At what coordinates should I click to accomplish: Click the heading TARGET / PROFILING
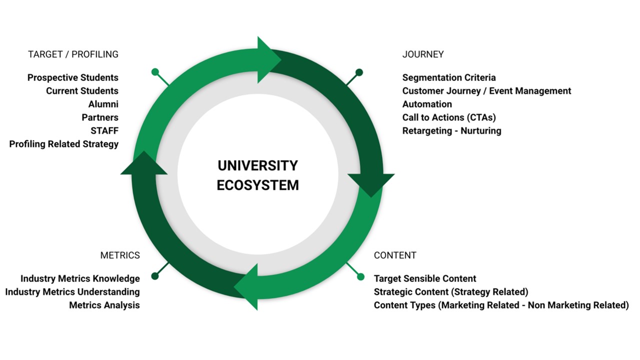pos(73,54)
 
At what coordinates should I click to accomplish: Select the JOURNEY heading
pos(422,54)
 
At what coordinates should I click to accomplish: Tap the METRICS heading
pos(120,255)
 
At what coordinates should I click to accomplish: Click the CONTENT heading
pos(395,255)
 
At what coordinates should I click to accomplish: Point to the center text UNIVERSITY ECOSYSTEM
pos(257,175)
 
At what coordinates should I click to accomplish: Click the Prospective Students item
pos(73,77)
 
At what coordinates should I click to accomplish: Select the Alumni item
pos(103,104)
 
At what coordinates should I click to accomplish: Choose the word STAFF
pos(104,130)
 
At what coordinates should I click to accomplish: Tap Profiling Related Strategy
pos(64,144)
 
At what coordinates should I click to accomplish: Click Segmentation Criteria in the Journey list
pos(449,77)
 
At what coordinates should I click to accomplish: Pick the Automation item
pos(427,104)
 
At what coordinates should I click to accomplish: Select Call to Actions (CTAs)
pos(449,117)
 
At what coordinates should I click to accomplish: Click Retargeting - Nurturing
pos(451,130)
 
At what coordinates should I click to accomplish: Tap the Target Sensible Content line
pos(425,278)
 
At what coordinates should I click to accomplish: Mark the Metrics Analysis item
pos(104,305)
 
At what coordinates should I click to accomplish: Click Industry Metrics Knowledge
pos(80,278)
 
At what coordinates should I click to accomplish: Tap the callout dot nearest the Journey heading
pos(359,72)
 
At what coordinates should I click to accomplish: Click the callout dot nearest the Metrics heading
pos(155,276)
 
